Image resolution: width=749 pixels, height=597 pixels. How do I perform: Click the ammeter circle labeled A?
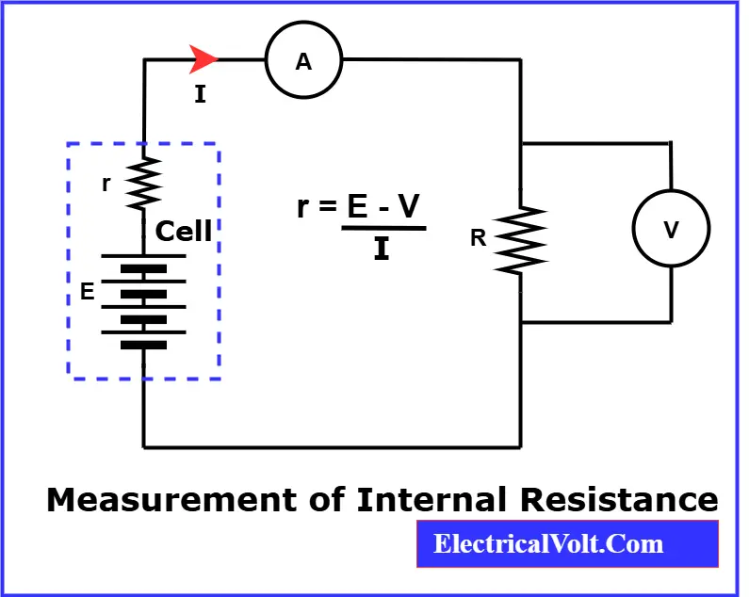[303, 61]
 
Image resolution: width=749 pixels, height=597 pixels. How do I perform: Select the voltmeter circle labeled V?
[671, 229]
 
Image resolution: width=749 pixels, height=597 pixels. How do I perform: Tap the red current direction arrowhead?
[204, 59]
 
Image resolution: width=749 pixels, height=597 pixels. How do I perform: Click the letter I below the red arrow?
[200, 93]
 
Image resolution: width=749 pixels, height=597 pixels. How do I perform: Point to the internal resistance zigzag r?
[143, 184]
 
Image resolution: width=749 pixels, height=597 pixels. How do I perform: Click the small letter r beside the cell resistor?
[106, 185]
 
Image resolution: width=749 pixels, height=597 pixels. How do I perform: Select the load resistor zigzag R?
[521, 239]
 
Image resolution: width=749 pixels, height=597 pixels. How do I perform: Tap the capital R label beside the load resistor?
[479, 238]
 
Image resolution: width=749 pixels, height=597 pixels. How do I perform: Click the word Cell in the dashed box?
[184, 232]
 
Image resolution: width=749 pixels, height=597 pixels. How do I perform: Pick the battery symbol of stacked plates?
[143, 300]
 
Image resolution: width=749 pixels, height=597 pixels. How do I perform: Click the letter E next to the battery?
[87, 292]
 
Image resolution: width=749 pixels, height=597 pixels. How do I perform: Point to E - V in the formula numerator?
[383, 207]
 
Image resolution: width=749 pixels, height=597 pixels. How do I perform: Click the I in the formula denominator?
[382, 250]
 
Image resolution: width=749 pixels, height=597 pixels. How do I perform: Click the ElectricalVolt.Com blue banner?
[567, 544]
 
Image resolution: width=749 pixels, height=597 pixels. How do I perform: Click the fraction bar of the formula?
[383, 228]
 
